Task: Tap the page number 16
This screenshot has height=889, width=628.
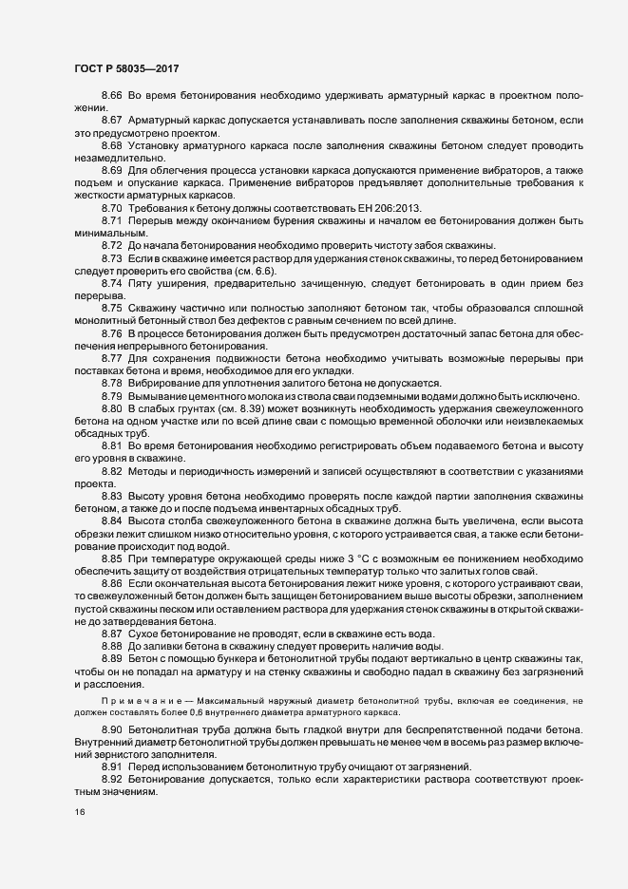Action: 80,813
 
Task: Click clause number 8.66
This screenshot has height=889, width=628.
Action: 112,98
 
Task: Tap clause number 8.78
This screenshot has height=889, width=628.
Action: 112,382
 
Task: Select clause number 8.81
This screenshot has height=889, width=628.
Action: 112,446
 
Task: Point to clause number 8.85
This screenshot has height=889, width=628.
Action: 112,556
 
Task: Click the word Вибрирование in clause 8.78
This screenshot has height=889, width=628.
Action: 167,382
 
